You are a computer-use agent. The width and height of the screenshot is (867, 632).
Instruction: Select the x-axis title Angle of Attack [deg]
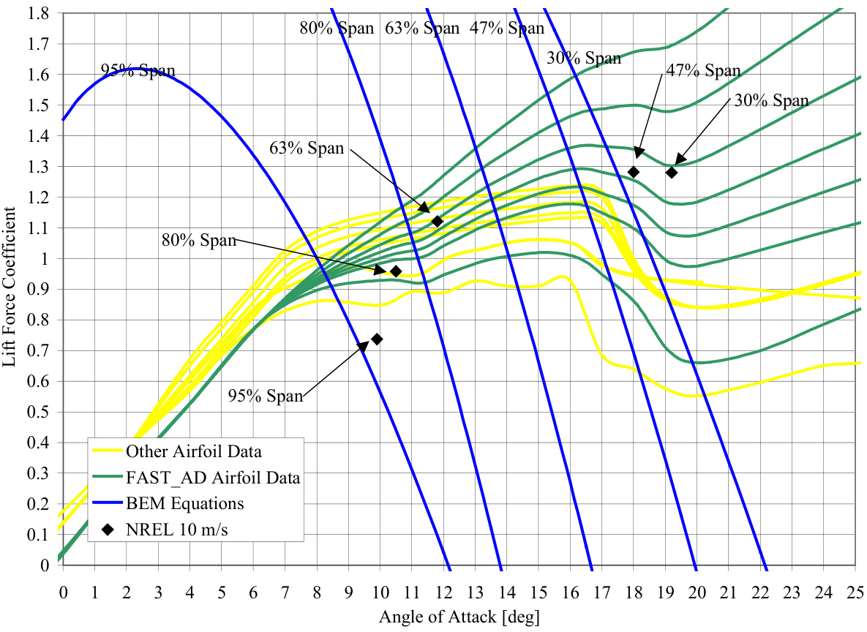pyautogui.click(x=459, y=617)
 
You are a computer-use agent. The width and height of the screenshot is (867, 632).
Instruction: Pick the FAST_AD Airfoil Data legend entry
pyautogui.click(x=213, y=478)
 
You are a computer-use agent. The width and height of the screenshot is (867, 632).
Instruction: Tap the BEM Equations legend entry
pyautogui.click(x=185, y=504)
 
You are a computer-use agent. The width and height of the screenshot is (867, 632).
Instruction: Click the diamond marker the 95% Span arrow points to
pyautogui.click(x=377, y=339)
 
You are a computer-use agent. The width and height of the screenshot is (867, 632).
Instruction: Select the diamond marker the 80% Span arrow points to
pyautogui.click(x=396, y=271)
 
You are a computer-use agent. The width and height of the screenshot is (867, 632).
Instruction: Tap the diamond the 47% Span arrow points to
pyautogui.click(x=634, y=173)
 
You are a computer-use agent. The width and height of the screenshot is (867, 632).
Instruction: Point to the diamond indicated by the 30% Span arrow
pyautogui.click(x=672, y=173)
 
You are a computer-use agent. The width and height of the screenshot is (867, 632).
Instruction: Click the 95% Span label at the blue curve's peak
pyautogui.click(x=138, y=71)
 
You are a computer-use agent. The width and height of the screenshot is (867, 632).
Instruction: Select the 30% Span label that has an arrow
pyautogui.click(x=772, y=101)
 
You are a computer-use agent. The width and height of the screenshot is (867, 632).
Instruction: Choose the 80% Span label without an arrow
pyautogui.click(x=337, y=29)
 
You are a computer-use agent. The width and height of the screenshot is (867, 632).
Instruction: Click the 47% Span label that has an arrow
pyautogui.click(x=703, y=71)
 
